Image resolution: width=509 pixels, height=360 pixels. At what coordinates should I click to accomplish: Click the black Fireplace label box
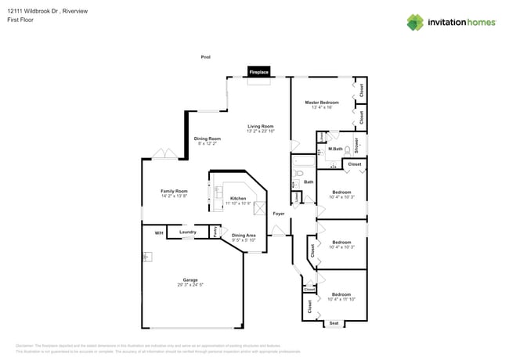click(259, 72)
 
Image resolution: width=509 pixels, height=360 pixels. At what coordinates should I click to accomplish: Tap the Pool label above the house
click(206, 57)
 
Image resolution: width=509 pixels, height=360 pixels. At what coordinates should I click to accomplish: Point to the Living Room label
click(261, 126)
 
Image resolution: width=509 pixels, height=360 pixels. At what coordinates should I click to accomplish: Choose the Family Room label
click(174, 191)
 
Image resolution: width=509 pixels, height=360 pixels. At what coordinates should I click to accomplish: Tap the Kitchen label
click(238, 199)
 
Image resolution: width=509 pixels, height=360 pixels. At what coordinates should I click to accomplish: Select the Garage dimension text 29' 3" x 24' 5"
click(190, 285)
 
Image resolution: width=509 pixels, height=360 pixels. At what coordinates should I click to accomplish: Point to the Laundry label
click(187, 232)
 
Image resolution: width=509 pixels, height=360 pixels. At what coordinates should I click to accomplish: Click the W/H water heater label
click(158, 232)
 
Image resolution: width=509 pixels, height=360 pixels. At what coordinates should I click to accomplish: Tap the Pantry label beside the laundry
click(215, 232)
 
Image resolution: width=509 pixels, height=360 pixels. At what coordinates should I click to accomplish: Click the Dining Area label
click(244, 236)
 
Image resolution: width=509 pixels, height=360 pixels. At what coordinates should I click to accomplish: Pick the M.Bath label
click(335, 149)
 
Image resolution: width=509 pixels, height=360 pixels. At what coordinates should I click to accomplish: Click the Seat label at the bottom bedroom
click(334, 323)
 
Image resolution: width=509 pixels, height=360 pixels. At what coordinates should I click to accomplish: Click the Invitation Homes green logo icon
click(417, 22)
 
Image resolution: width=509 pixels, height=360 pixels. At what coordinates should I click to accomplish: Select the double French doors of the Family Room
click(164, 154)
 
